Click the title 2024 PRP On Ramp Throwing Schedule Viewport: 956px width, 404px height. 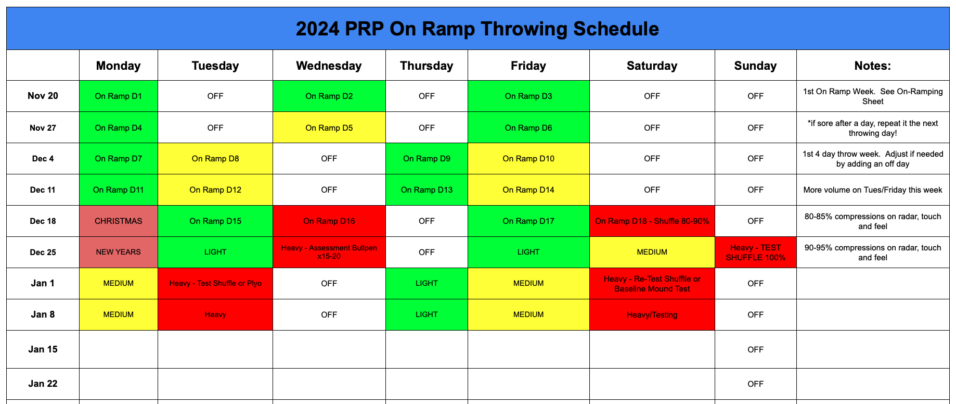477,29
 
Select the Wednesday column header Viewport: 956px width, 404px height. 329,66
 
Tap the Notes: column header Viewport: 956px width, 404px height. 872,66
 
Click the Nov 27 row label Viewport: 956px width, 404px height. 43,128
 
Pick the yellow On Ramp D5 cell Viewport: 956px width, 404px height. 329,128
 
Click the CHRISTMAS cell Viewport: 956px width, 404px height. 118,221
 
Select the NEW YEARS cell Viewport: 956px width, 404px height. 118,252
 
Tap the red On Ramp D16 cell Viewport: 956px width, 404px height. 329,221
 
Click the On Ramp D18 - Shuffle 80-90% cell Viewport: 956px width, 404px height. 652,221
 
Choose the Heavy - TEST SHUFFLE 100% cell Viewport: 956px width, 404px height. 755,252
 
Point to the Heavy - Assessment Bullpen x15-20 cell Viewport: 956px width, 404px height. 329,252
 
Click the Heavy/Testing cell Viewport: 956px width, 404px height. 652,314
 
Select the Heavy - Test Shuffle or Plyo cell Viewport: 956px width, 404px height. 215,283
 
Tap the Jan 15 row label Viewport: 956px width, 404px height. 43,349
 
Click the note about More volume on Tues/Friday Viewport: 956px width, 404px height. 872,190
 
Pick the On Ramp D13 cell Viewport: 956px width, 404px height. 427,190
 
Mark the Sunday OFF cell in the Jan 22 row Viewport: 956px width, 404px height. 755,384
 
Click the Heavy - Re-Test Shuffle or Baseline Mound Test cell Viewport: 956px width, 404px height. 652,283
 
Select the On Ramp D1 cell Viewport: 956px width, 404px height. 118,96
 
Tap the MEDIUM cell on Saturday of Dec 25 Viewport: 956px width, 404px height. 652,252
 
